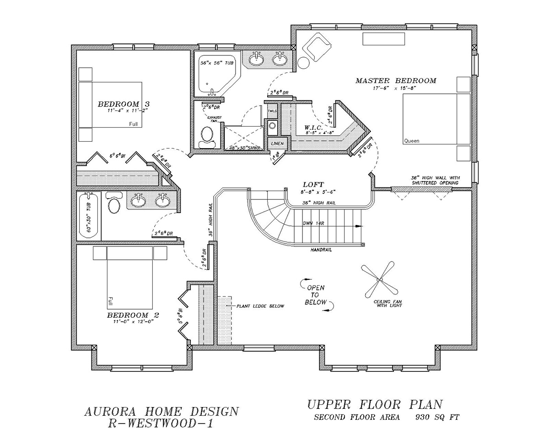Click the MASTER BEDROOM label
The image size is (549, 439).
tap(396, 81)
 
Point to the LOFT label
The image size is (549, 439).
tap(313, 184)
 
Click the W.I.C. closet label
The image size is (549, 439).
tap(314, 127)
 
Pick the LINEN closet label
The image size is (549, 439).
tap(277, 144)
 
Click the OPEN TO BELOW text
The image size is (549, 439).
tap(316, 295)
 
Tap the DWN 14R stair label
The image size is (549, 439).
tap(313, 224)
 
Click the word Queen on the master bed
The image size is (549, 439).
tap(411, 141)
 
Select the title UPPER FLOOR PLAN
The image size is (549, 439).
tap(375, 404)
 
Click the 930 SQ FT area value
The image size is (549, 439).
tap(437, 417)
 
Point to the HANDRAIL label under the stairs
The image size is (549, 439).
tap(321, 250)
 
